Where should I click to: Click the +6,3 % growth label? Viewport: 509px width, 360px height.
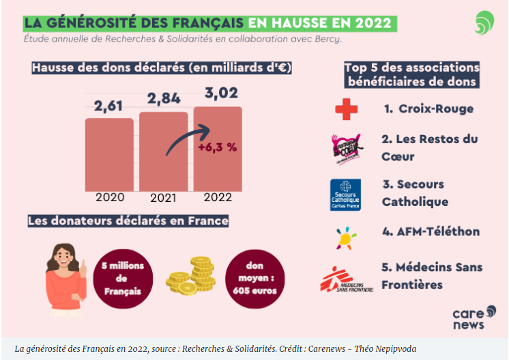tap(217, 147)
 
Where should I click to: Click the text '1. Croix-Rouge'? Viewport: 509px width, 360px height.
tap(428, 108)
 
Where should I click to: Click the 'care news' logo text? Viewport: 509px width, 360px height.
tap(468, 318)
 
